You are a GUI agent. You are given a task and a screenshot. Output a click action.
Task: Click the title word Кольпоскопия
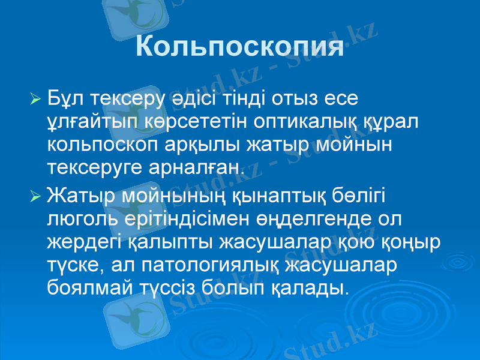(x=239, y=47)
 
